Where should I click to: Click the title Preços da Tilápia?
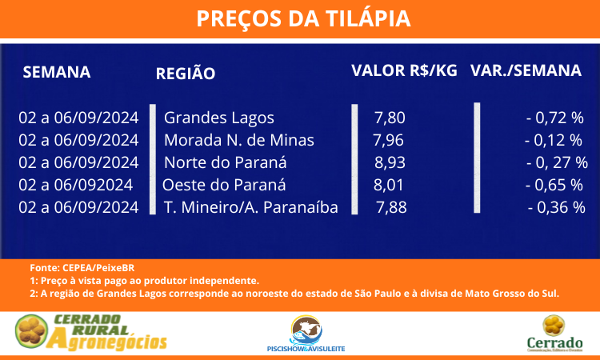303,18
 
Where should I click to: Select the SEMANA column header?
57,72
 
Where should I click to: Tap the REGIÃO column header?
186,73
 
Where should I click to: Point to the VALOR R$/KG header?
405,71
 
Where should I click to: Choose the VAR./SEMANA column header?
526,70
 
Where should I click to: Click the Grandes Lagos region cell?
219,118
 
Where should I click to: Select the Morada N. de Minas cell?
239,140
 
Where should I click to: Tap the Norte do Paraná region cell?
226,162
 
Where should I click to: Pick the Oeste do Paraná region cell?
224,185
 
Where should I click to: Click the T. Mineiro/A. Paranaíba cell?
251,207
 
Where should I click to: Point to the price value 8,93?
390,163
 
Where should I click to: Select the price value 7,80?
390,118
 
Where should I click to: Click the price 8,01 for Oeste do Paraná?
388,186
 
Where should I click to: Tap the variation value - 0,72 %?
555,118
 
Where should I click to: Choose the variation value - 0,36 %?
556,208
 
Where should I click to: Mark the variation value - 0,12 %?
554,141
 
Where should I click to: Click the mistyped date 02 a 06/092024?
76,185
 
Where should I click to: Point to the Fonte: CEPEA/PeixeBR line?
82,268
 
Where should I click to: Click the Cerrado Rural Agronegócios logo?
91,332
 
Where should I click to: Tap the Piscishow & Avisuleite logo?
306,334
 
